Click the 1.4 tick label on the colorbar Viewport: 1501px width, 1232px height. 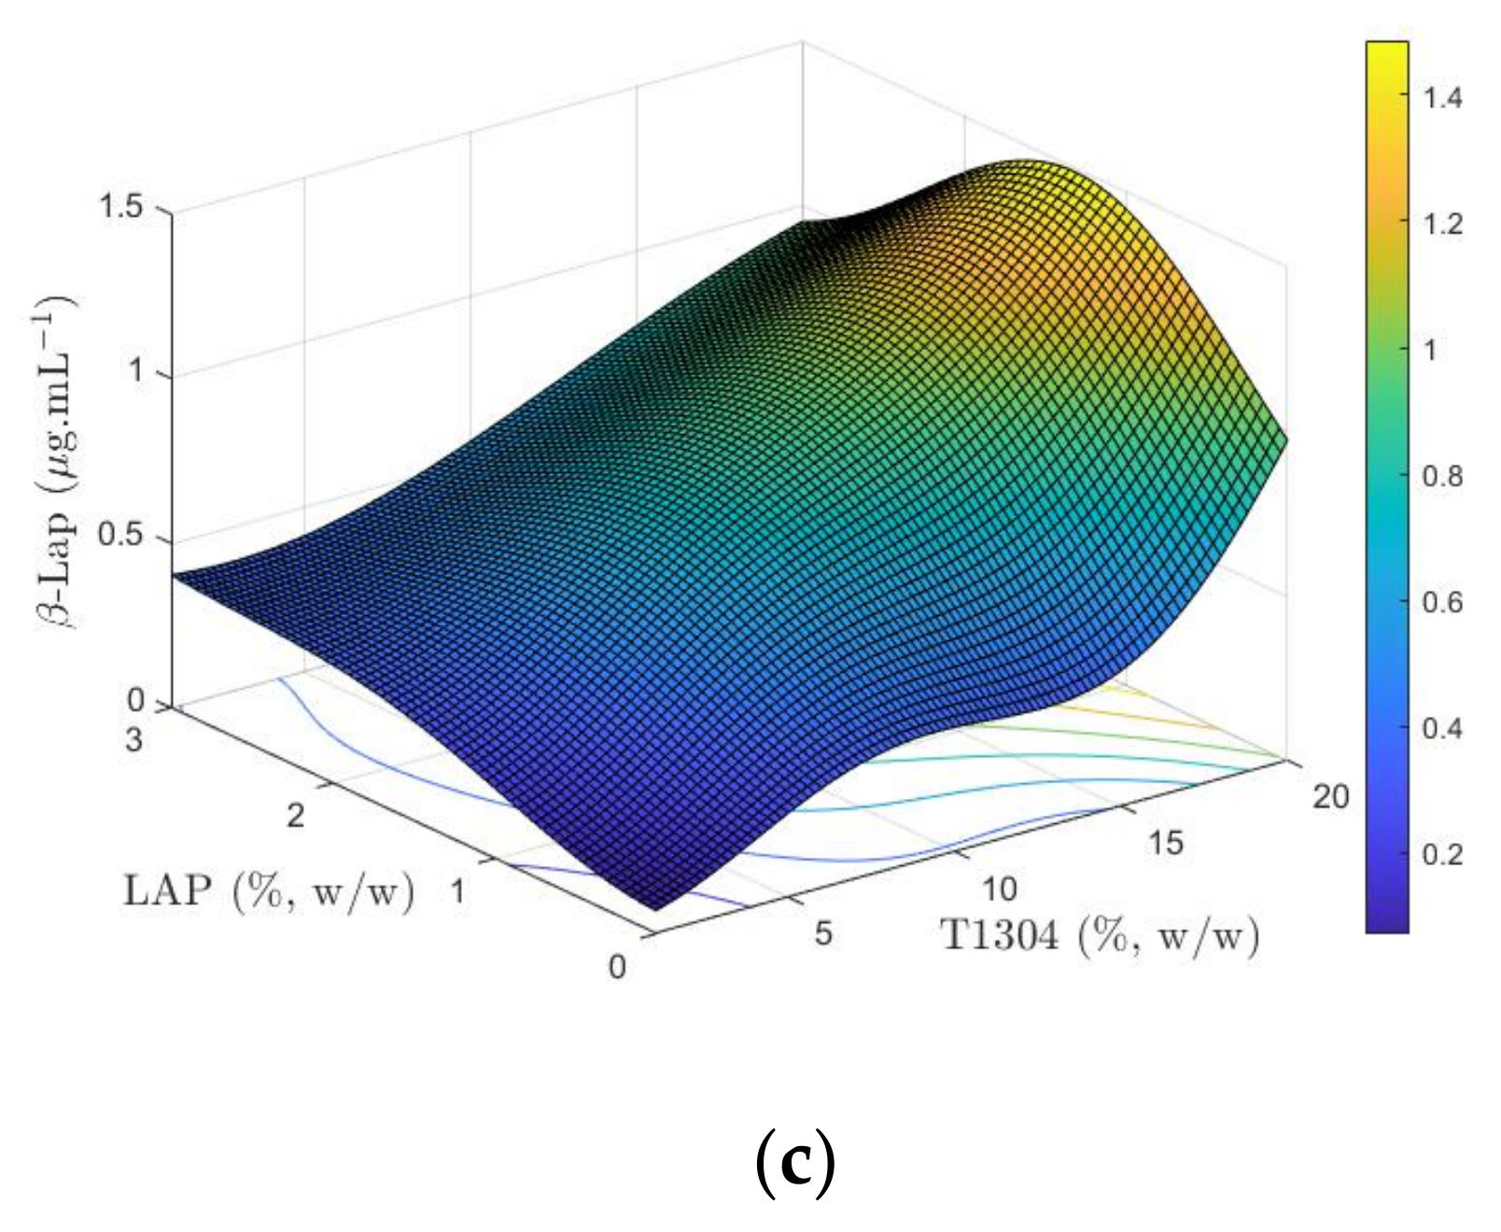(x=1442, y=97)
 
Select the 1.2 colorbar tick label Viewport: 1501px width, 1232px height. (x=1442, y=224)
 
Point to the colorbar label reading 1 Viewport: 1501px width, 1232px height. (x=1430, y=350)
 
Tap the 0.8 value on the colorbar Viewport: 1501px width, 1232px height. (x=1442, y=476)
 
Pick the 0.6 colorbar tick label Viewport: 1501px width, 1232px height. (x=1442, y=602)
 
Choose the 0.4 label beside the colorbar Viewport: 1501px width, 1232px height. (x=1442, y=728)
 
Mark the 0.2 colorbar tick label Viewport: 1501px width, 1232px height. (x=1442, y=854)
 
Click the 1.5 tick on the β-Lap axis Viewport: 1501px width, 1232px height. (x=120, y=206)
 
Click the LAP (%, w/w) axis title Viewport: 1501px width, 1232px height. (x=269, y=891)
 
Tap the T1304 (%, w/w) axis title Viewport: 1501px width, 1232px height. (x=1100, y=934)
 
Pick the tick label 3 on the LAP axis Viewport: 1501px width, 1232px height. (x=134, y=740)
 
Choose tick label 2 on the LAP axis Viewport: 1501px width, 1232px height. (x=295, y=816)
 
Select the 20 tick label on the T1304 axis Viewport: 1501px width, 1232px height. (x=1331, y=796)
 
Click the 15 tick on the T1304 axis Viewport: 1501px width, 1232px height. (x=1165, y=843)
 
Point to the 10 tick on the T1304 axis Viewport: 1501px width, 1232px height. (x=999, y=889)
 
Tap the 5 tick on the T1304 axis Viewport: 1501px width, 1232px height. (x=822, y=932)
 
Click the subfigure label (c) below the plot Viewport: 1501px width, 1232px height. (x=794, y=1163)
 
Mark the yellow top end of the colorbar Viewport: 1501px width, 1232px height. (x=1387, y=51)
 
